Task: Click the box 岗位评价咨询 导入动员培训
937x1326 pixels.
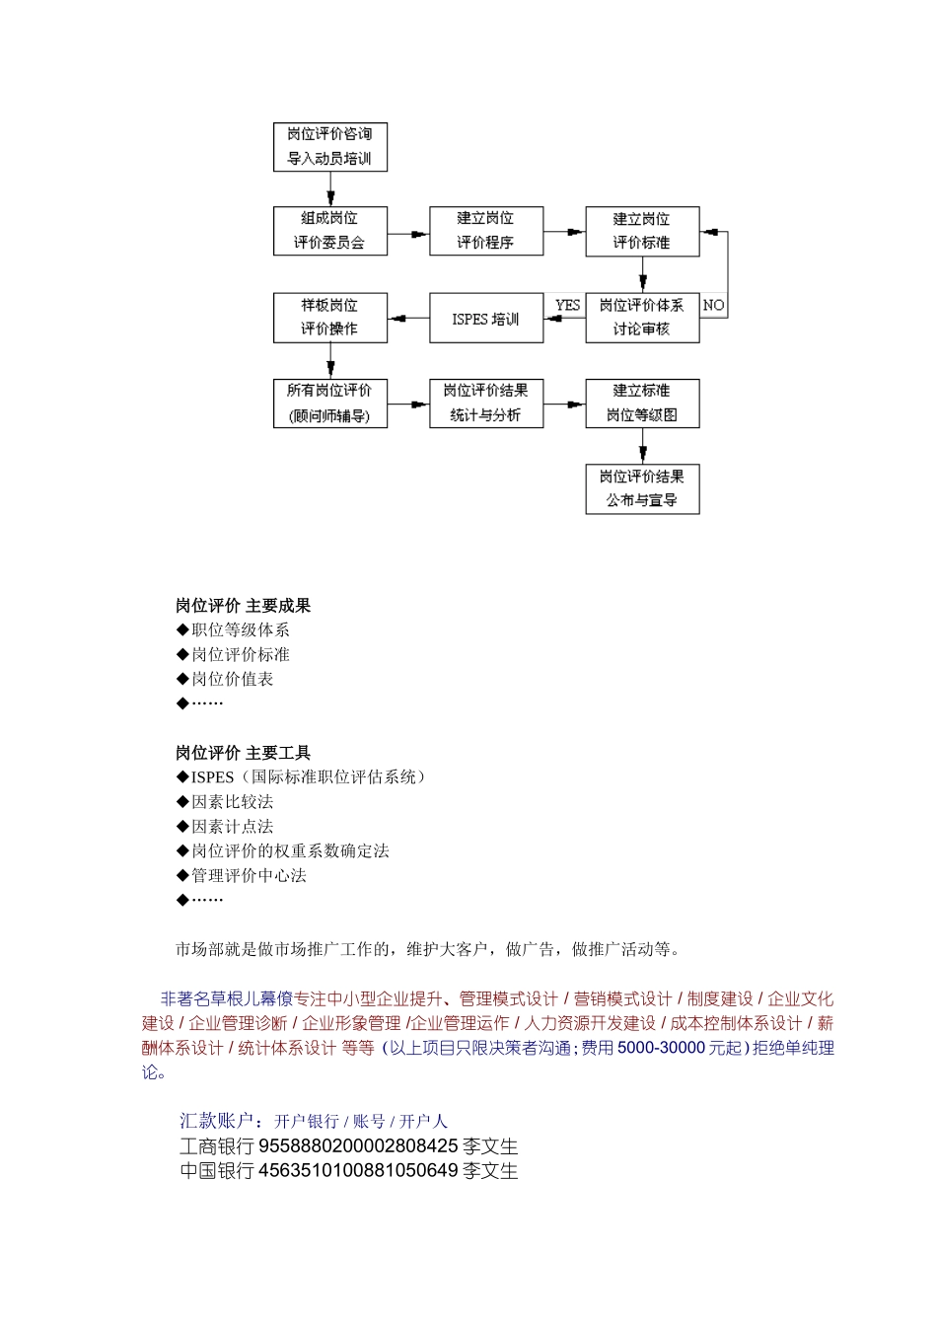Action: pyautogui.click(x=329, y=147)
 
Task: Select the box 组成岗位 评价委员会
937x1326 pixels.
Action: pyautogui.click(x=329, y=231)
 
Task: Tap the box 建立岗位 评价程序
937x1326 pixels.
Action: pyautogui.click(x=485, y=231)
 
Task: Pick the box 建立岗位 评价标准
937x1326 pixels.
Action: pyautogui.click(x=642, y=231)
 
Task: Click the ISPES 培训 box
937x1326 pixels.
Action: pyautogui.click(x=485, y=319)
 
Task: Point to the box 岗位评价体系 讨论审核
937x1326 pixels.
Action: pyautogui.click(x=642, y=318)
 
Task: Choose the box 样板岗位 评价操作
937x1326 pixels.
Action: pyautogui.click(x=329, y=318)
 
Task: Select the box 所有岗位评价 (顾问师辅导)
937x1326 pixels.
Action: pyautogui.click(x=329, y=404)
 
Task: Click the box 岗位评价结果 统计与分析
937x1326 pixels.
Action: pyautogui.click(x=485, y=404)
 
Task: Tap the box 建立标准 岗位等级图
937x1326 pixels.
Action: pyautogui.click(x=642, y=404)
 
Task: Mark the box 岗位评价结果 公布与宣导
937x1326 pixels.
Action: pyautogui.click(x=642, y=489)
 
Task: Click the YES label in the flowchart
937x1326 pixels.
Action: pyautogui.click(x=567, y=306)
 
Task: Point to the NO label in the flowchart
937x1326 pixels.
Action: pyautogui.click(x=713, y=306)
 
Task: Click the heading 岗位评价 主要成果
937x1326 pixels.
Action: pyautogui.click(x=243, y=606)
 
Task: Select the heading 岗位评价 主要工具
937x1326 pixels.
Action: pyautogui.click(x=243, y=753)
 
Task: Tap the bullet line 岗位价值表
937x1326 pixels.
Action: pyautogui.click(x=232, y=679)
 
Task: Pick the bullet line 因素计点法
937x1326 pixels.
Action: pyautogui.click(x=232, y=827)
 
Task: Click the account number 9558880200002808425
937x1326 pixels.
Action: pyautogui.click(x=358, y=1146)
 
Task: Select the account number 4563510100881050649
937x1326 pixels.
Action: pyautogui.click(x=358, y=1171)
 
